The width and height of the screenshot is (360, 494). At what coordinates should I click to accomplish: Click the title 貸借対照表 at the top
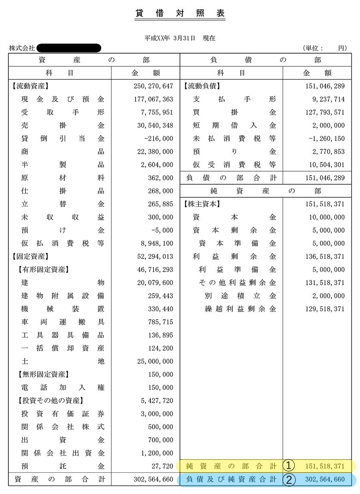[x=180, y=13]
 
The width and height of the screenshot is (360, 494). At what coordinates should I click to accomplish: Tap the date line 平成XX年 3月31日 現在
[x=180, y=38]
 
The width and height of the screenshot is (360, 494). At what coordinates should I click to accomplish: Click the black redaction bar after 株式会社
[x=68, y=48]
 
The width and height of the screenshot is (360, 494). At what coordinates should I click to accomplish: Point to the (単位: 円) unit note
[x=325, y=48]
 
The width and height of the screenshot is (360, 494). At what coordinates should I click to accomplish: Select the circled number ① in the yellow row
[x=289, y=466]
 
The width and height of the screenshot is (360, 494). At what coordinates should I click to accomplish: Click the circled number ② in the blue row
[x=289, y=480]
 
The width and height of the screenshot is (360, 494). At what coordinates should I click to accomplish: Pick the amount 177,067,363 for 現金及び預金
[x=155, y=99]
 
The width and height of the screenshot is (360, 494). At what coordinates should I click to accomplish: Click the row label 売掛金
[x=62, y=126]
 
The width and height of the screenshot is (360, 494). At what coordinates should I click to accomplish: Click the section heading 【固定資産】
[x=30, y=256]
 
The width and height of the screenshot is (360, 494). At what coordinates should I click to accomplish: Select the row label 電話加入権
[x=62, y=388]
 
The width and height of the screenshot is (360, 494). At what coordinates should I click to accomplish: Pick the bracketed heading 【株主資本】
[x=202, y=204]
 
